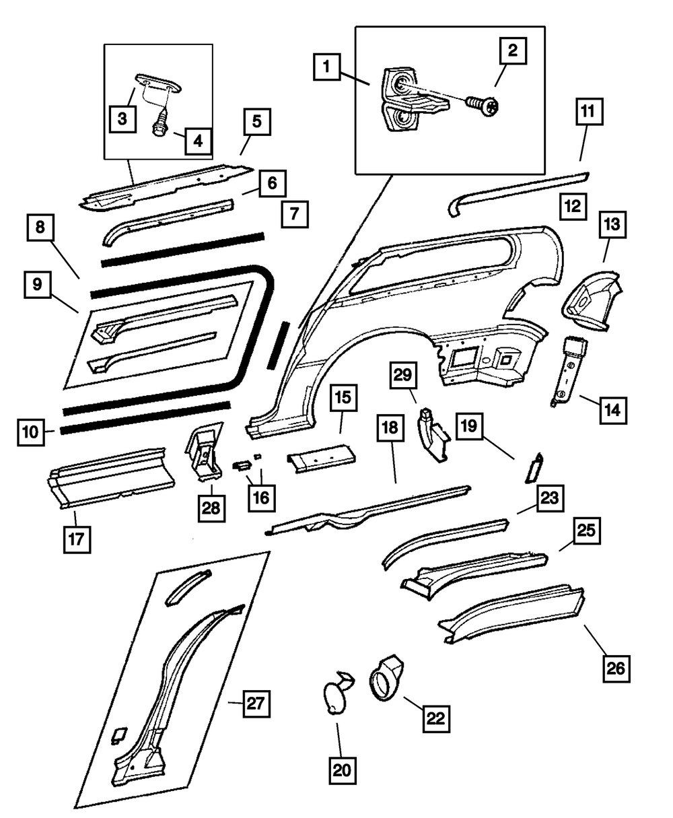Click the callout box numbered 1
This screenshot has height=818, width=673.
click(327, 67)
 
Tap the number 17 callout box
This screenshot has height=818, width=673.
click(77, 539)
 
